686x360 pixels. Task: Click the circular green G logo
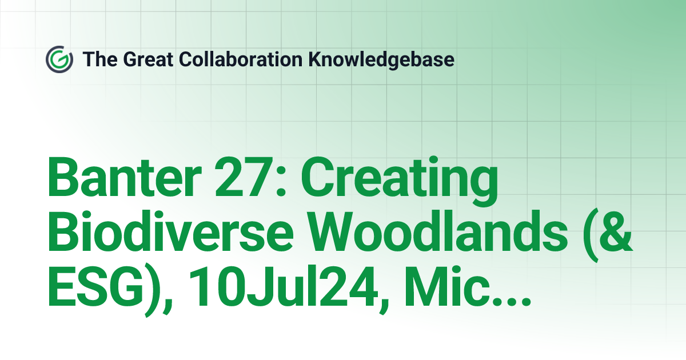59,59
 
